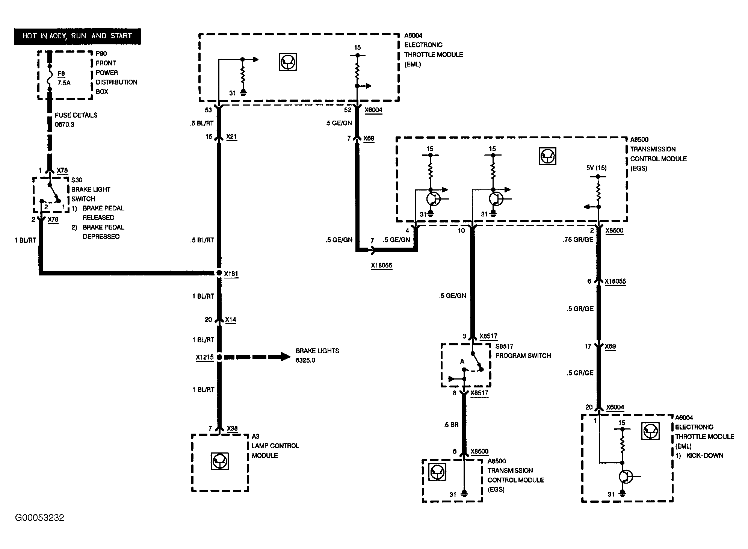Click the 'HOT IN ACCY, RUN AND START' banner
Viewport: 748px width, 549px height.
[77, 36]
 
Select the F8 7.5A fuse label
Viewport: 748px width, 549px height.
[64, 79]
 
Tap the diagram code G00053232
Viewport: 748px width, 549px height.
[40, 518]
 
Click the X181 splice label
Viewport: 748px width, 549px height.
[231, 274]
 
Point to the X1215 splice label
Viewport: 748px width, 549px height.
[205, 357]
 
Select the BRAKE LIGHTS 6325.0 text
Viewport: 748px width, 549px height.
[317, 355]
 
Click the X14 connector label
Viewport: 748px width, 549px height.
[231, 320]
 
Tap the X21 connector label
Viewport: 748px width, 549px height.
[232, 137]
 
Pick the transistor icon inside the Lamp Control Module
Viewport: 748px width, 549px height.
[220, 461]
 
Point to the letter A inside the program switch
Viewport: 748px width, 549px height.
[462, 361]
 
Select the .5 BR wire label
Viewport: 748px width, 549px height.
[450, 425]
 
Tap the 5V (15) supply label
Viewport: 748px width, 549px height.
[596, 168]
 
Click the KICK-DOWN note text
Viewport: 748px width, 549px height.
[704, 455]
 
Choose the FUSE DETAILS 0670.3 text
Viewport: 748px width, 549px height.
[76, 120]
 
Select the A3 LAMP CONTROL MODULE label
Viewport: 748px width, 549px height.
[275, 446]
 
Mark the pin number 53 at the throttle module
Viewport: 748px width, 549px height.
[208, 110]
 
